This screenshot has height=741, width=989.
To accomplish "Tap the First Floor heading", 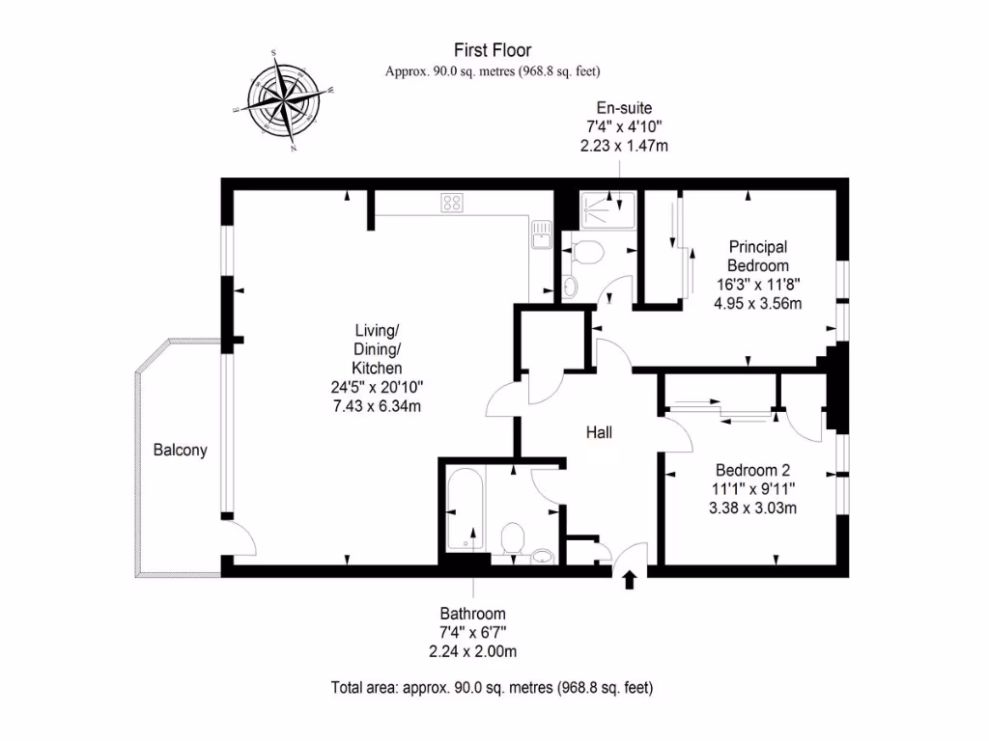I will click(493, 50).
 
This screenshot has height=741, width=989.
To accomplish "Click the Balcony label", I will click(180, 450).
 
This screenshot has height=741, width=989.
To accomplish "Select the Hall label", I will click(599, 433).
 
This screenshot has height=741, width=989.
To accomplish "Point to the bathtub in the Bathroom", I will click(465, 510).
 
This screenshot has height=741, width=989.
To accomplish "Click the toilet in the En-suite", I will click(585, 253).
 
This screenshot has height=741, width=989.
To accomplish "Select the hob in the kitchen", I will click(451, 203).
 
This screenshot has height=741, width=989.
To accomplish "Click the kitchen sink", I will click(541, 233).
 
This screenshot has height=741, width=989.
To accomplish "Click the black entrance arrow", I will click(630, 579).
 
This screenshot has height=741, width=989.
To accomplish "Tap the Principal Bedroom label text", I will click(758, 256).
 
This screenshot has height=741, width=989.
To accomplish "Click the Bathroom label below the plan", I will click(473, 614).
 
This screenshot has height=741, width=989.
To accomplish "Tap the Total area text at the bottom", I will click(493, 688).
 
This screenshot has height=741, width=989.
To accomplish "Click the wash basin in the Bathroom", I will click(543, 555).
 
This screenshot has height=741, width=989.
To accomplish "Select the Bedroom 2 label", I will click(753, 470).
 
